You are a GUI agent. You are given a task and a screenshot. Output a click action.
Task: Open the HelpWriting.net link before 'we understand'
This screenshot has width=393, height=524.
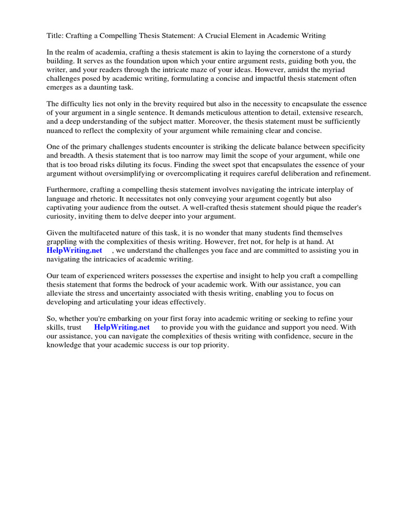(74, 250)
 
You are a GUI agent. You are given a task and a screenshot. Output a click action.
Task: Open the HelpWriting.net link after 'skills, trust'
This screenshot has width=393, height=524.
(122, 327)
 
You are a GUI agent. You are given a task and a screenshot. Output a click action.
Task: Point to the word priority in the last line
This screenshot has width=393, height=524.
(215, 345)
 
